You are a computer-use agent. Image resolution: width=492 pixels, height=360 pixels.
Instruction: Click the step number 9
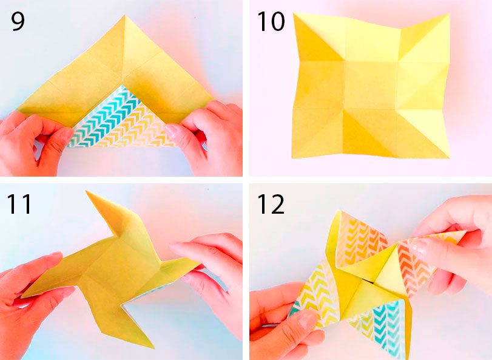click(18, 21)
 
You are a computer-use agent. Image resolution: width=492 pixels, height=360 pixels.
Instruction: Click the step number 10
click(271, 21)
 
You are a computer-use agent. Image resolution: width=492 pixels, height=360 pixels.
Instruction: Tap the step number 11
click(19, 204)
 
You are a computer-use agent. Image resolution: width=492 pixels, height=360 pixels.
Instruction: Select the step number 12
click(271, 204)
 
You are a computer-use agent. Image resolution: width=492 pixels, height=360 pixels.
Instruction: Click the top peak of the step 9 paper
click(125, 15)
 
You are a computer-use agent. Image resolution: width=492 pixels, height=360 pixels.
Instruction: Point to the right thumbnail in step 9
click(172, 128)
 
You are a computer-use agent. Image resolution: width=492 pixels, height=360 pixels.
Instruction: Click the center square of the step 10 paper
click(370, 85)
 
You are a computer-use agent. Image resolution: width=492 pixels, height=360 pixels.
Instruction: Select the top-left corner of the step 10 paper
click(294, 13)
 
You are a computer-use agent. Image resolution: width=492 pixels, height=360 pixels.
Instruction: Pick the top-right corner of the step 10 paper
click(449, 15)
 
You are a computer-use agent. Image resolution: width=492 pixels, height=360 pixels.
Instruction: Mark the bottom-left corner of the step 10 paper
click(292, 157)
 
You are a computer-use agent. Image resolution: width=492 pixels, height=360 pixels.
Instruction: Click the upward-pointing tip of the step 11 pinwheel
click(86, 191)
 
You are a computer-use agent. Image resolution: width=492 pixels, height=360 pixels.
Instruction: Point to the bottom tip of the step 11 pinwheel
click(153, 348)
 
